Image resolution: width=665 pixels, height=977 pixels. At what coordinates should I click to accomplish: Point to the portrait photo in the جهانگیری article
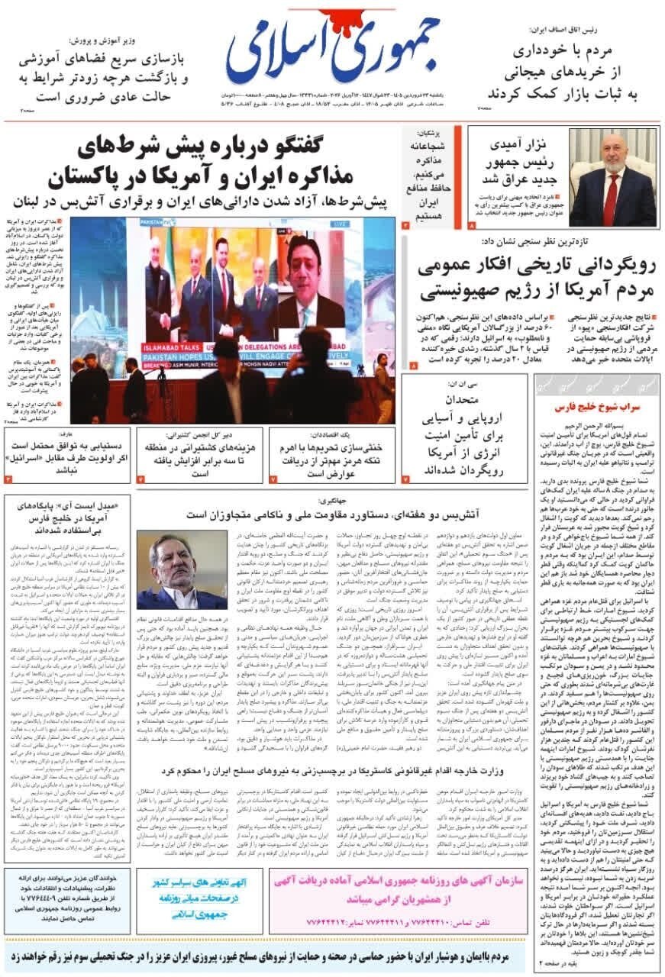click(x=182, y=569)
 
